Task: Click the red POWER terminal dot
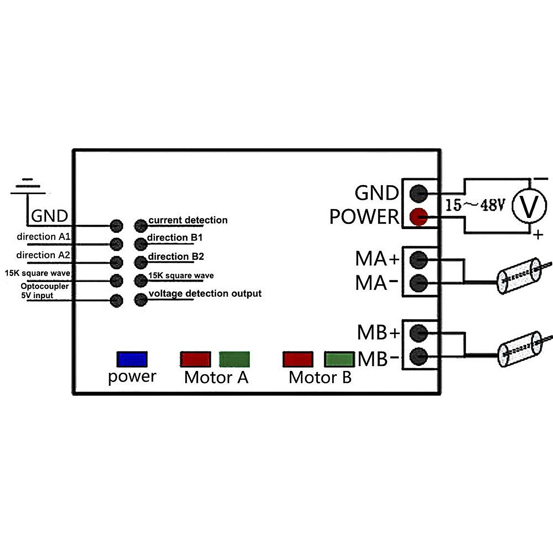(418, 217)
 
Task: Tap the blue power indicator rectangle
(132, 359)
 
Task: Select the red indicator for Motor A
(195, 359)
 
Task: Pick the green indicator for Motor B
(339, 359)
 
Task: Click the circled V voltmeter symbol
(529, 206)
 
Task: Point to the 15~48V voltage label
(475, 205)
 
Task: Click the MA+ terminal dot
(418, 260)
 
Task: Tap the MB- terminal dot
(418, 356)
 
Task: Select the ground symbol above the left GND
(28, 187)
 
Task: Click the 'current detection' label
(188, 220)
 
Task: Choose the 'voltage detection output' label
(205, 294)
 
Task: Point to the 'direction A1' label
(43, 237)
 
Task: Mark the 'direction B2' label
(176, 256)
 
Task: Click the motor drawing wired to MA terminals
(519, 276)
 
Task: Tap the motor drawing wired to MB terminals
(519, 349)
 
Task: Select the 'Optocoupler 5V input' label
(45, 291)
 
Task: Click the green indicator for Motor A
(234, 359)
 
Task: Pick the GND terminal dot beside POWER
(418, 193)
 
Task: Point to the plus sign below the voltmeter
(538, 235)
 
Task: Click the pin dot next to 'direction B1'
(141, 244)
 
